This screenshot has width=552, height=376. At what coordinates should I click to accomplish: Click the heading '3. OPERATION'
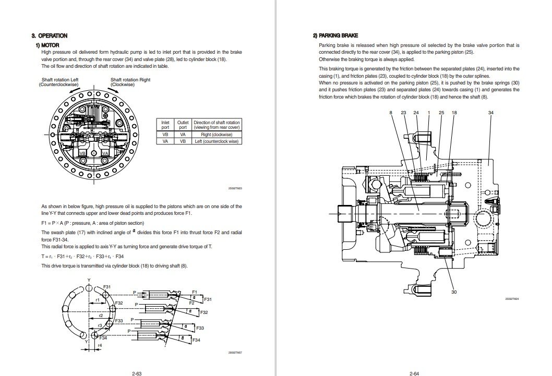click(50, 36)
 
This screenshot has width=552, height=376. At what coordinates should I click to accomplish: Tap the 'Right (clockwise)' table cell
click(215, 135)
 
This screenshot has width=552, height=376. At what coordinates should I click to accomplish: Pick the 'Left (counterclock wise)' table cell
click(215, 141)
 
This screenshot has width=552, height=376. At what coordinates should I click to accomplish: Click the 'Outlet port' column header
click(183, 125)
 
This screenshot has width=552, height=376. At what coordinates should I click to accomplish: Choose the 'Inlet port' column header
click(165, 125)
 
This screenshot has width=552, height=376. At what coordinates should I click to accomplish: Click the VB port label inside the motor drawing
click(82, 153)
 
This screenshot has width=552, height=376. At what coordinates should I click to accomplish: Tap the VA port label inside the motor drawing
click(105, 153)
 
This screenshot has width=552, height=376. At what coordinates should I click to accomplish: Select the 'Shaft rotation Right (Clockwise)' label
click(130, 82)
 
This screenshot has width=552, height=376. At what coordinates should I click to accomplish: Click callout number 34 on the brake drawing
click(490, 113)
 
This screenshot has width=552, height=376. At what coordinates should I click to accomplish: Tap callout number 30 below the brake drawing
click(453, 292)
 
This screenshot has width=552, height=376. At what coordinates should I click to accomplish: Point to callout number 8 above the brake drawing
click(390, 113)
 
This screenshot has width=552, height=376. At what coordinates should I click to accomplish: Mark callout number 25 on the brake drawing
click(441, 113)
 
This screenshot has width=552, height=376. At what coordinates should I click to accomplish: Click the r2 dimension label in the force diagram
click(101, 316)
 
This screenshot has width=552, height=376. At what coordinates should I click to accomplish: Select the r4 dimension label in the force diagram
click(100, 346)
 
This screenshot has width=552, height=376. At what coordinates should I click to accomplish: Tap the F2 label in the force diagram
click(191, 302)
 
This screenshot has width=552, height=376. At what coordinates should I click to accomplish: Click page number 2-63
click(137, 372)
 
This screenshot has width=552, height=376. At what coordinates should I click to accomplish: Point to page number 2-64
click(415, 372)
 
